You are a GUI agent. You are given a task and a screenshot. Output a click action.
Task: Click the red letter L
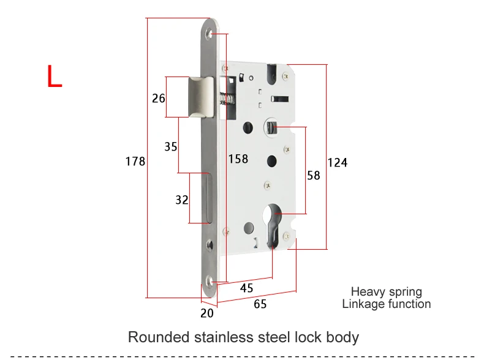point(55,76)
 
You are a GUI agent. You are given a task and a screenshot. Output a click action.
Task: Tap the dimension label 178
point(135,162)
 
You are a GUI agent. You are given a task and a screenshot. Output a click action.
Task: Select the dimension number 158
point(238,159)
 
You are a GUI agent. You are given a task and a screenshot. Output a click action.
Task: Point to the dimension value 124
point(338,163)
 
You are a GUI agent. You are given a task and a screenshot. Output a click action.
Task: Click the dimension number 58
point(314,176)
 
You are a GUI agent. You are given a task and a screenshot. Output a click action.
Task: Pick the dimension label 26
point(159,99)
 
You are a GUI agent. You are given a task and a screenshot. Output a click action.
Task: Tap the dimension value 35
point(171,146)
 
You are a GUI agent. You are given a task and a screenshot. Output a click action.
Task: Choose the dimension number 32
point(182,200)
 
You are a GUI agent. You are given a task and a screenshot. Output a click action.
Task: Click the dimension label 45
point(247,288)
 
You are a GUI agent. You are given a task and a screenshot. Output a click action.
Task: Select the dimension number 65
point(260,304)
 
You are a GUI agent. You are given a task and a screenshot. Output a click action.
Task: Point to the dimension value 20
point(207,313)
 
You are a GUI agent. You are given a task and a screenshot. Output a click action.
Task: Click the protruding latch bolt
point(200,97)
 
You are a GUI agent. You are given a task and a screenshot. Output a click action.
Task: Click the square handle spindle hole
point(271,127)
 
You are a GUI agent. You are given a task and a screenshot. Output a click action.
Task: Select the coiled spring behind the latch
point(227,99)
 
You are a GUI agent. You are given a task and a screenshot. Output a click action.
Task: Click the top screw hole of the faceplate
point(210,34)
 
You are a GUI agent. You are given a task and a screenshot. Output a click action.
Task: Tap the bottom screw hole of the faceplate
point(210,282)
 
